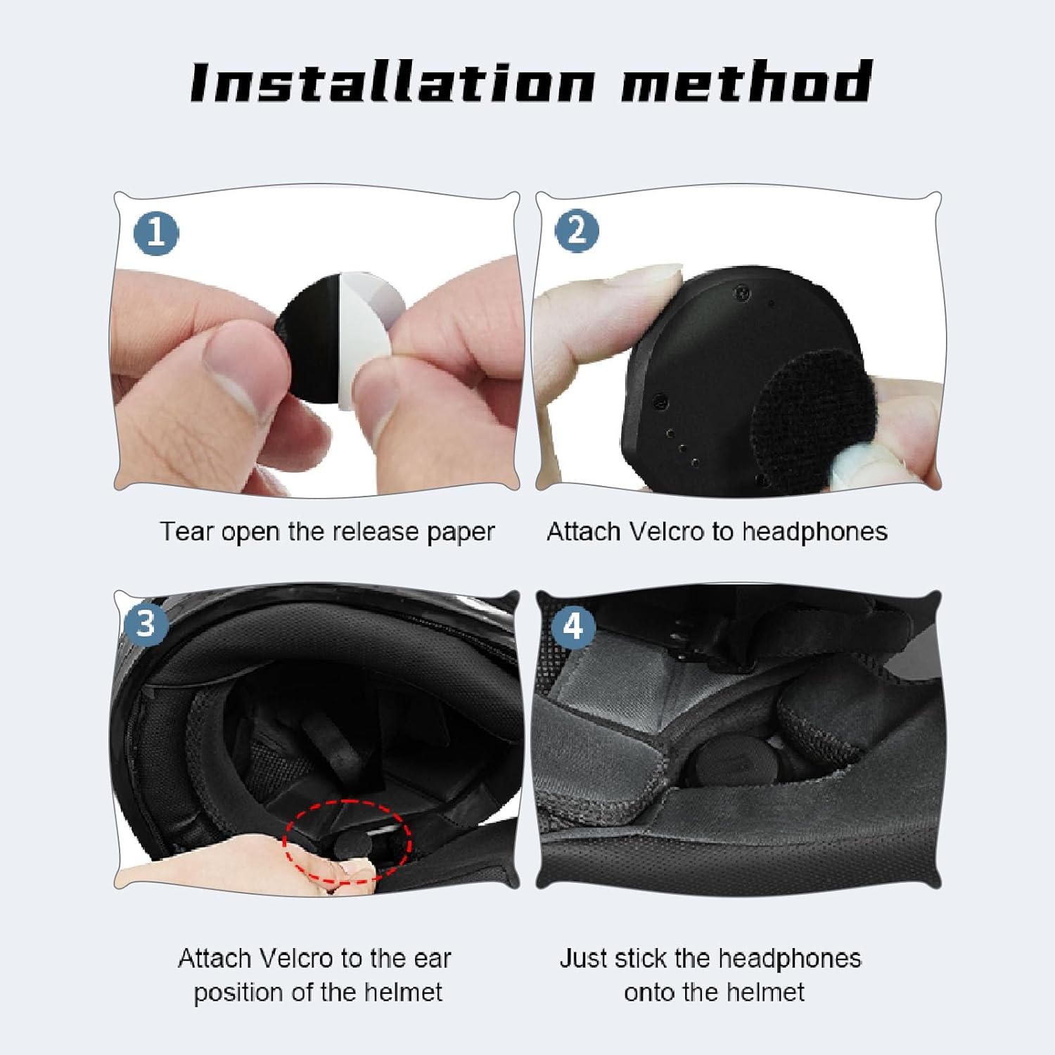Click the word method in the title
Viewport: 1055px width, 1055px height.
coord(746,82)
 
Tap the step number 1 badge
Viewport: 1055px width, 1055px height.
coord(155,233)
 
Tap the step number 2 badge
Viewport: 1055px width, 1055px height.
coord(577,231)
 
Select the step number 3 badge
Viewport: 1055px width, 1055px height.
coord(145,623)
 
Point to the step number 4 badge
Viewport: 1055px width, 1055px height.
coord(574,625)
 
